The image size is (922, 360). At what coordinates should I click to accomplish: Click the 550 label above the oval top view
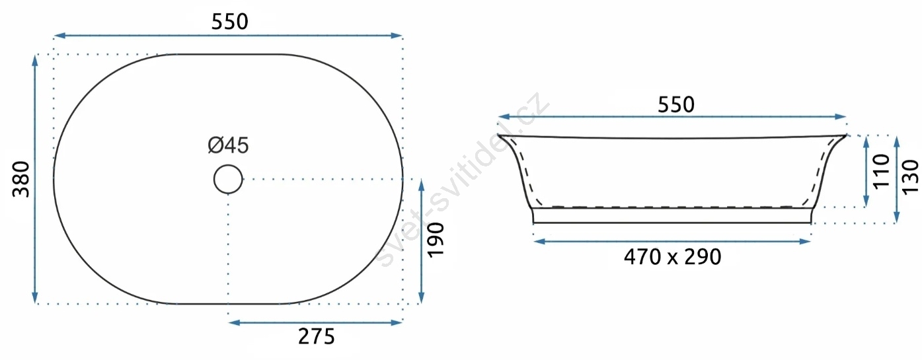coord(230,22)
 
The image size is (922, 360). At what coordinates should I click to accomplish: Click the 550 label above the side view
coord(676,105)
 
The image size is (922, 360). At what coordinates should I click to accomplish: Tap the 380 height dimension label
coord(21,180)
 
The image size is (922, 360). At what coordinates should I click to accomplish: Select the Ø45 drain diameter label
coord(229,145)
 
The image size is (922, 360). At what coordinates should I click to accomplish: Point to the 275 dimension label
coord(317,336)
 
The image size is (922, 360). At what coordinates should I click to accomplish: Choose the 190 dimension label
coord(436,240)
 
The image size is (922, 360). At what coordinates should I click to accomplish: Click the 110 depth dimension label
coord(881,172)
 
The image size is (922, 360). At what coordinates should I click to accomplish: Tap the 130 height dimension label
coord(910,177)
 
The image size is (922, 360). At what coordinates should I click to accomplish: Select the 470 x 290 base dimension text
coord(673,257)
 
